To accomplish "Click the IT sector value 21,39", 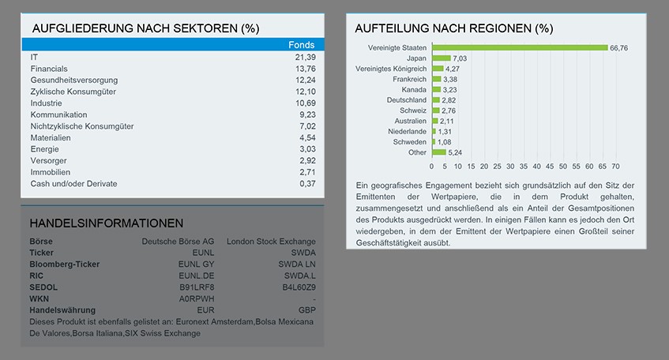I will point(305,58).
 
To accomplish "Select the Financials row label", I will point(48,69).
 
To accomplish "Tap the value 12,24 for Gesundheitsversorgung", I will point(305,81).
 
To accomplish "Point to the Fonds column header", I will point(301,45).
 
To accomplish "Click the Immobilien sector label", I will point(51,172).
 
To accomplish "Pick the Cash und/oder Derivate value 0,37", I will point(307,184).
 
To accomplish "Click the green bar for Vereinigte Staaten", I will point(519,47).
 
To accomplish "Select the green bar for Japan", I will point(441,58).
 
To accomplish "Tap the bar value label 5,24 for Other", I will point(455,152).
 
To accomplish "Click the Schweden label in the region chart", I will point(409,142).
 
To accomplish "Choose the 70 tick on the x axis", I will point(615,167).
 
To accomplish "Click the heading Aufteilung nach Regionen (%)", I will point(453,28).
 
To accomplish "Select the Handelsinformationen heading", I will point(106,223).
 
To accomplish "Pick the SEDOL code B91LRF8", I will point(197,287).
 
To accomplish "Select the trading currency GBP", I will point(306,310).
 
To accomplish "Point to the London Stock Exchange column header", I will point(270,241).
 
